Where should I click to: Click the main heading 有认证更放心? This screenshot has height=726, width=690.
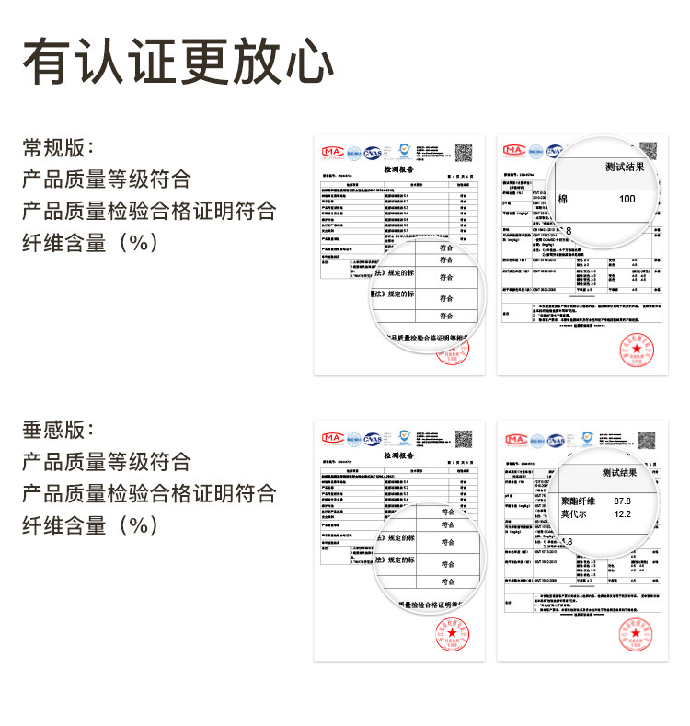[178, 63]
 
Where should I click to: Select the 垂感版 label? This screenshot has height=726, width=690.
[57, 430]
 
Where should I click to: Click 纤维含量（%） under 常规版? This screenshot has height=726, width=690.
[92, 243]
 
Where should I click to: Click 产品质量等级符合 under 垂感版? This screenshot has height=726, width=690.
[107, 461]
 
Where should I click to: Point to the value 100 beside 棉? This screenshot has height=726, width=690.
[627, 199]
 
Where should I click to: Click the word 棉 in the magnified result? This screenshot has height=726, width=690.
[563, 199]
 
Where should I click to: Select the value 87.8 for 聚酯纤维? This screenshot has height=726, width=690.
[622, 501]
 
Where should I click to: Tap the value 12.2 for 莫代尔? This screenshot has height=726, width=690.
[622, 513]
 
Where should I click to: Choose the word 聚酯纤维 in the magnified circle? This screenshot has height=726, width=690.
[580, 501]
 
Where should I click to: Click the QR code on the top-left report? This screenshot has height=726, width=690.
[464, 154]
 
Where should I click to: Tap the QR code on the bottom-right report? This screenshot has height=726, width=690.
[648, 437]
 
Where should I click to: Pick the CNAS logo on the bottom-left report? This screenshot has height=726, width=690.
[373, 437]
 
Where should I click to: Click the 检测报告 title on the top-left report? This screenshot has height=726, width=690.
[398, 170]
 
